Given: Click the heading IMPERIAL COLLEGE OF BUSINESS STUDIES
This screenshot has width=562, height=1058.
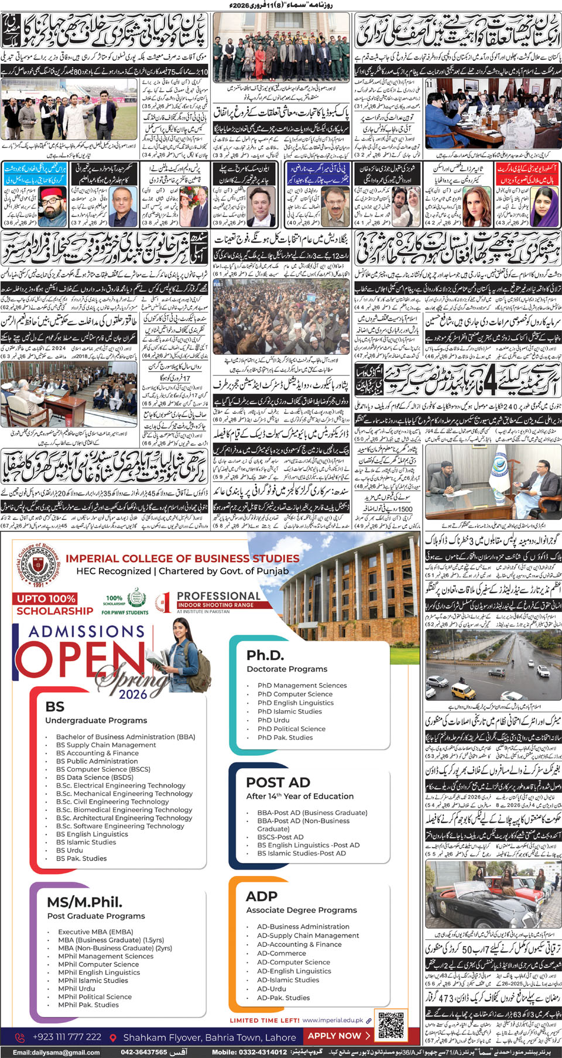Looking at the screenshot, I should coord(182,559).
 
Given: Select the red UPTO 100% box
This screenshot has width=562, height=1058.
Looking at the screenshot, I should coord(46,598).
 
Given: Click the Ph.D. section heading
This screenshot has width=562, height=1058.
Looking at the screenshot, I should coord(265,655).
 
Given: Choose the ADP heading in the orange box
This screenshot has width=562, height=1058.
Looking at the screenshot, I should coord(262,896).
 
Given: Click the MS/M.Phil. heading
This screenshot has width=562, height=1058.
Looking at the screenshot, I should coord(85,902).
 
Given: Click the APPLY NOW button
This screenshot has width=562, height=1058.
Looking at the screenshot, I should coord(339,1036).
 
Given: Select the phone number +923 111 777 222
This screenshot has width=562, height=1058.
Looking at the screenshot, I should coord(67,1036).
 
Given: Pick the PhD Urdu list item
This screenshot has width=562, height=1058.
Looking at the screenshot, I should coord(273,720).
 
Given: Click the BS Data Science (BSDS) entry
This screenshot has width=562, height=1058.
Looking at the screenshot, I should coord(94,777).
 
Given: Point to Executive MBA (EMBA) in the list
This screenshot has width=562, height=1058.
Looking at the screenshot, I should coord(95,932).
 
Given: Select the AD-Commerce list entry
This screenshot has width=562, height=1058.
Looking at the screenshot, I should coord(281,953).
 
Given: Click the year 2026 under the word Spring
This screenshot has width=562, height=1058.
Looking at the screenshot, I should coord(133,694).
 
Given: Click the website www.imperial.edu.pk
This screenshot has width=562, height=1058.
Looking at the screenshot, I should coord(333,1020).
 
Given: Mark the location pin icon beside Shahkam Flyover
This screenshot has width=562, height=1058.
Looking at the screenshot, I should coord(114,1037).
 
